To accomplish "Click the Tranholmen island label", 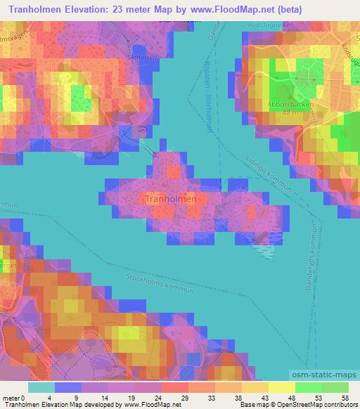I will [x=170, y=199].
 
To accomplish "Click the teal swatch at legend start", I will [x=41, y=387].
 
